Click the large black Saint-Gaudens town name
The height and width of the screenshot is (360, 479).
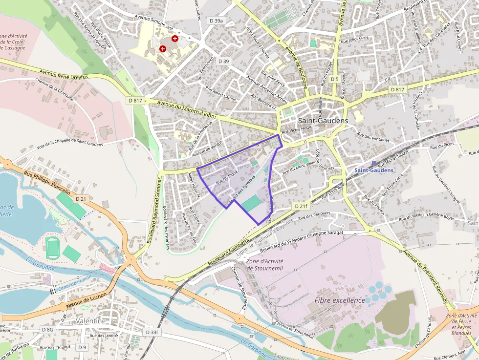323,121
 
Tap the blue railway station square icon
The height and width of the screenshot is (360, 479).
374,164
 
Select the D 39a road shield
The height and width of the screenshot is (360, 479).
216,21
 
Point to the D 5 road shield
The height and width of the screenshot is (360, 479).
334,79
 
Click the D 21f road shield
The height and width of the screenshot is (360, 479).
302,206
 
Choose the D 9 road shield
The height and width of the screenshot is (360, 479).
82,347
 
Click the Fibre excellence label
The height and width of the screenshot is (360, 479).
340,300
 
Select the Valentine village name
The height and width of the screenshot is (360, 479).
91,321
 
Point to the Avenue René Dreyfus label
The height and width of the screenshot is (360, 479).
64,74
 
